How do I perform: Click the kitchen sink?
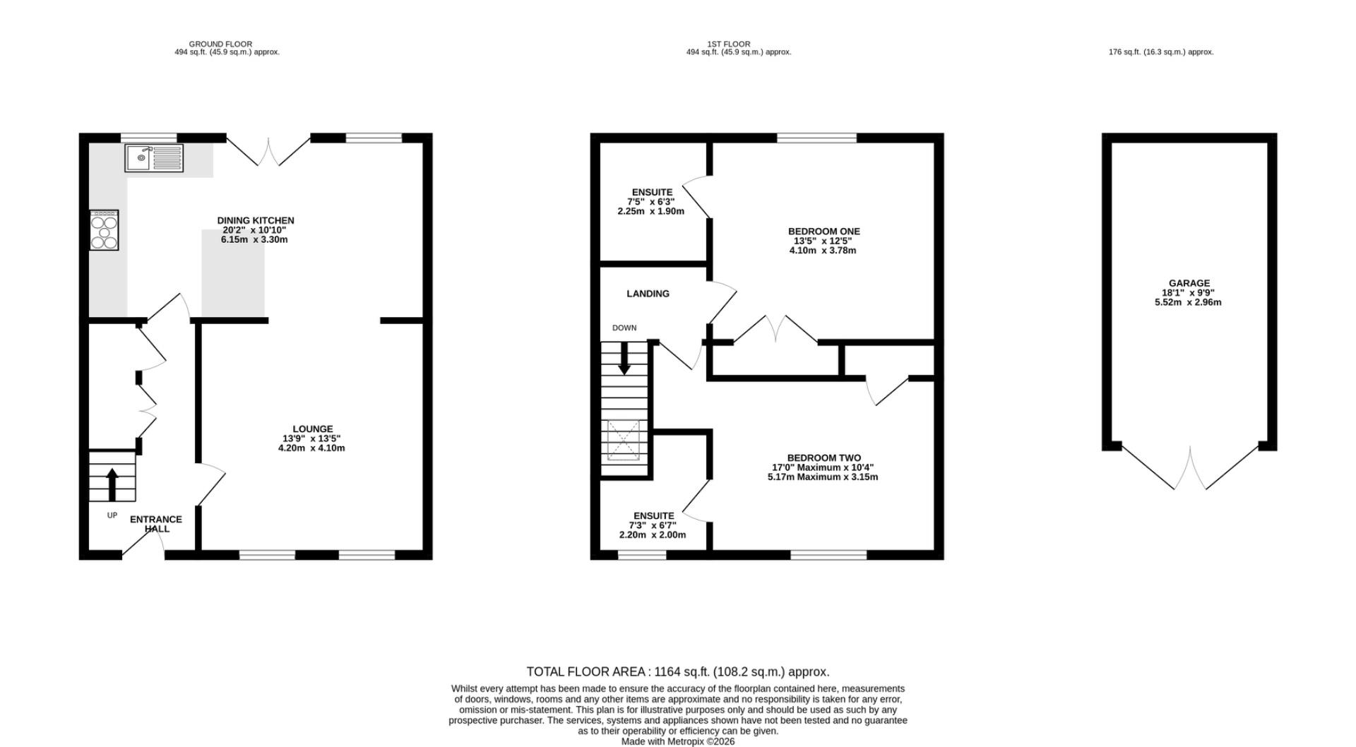(x=155, y=158)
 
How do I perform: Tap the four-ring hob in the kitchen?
(x=105, y=229)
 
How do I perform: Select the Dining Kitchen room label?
(x=255, y=230)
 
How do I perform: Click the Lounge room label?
(x=312, y=438)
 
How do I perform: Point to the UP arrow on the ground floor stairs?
(x=112, y=484)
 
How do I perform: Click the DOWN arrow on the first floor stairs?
(x=624, y=359)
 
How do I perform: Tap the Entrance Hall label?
(x=156, y=524)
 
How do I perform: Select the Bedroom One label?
(x=823, y=241)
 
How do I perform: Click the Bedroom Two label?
(x=823, y=467)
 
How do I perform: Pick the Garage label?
(x=1189, y=293)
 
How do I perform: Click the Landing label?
(x=648, y=294)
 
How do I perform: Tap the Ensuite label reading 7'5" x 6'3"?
(x=651, y=202)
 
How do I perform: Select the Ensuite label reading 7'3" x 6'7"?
(x=653, y=525)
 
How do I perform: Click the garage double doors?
(x=1190, y=467)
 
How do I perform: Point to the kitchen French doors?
(x=268, y=150)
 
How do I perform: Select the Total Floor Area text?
(x=678, y=671)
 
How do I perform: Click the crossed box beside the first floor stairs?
(x=624, y=440)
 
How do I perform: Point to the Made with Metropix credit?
(x=678, y=741)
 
